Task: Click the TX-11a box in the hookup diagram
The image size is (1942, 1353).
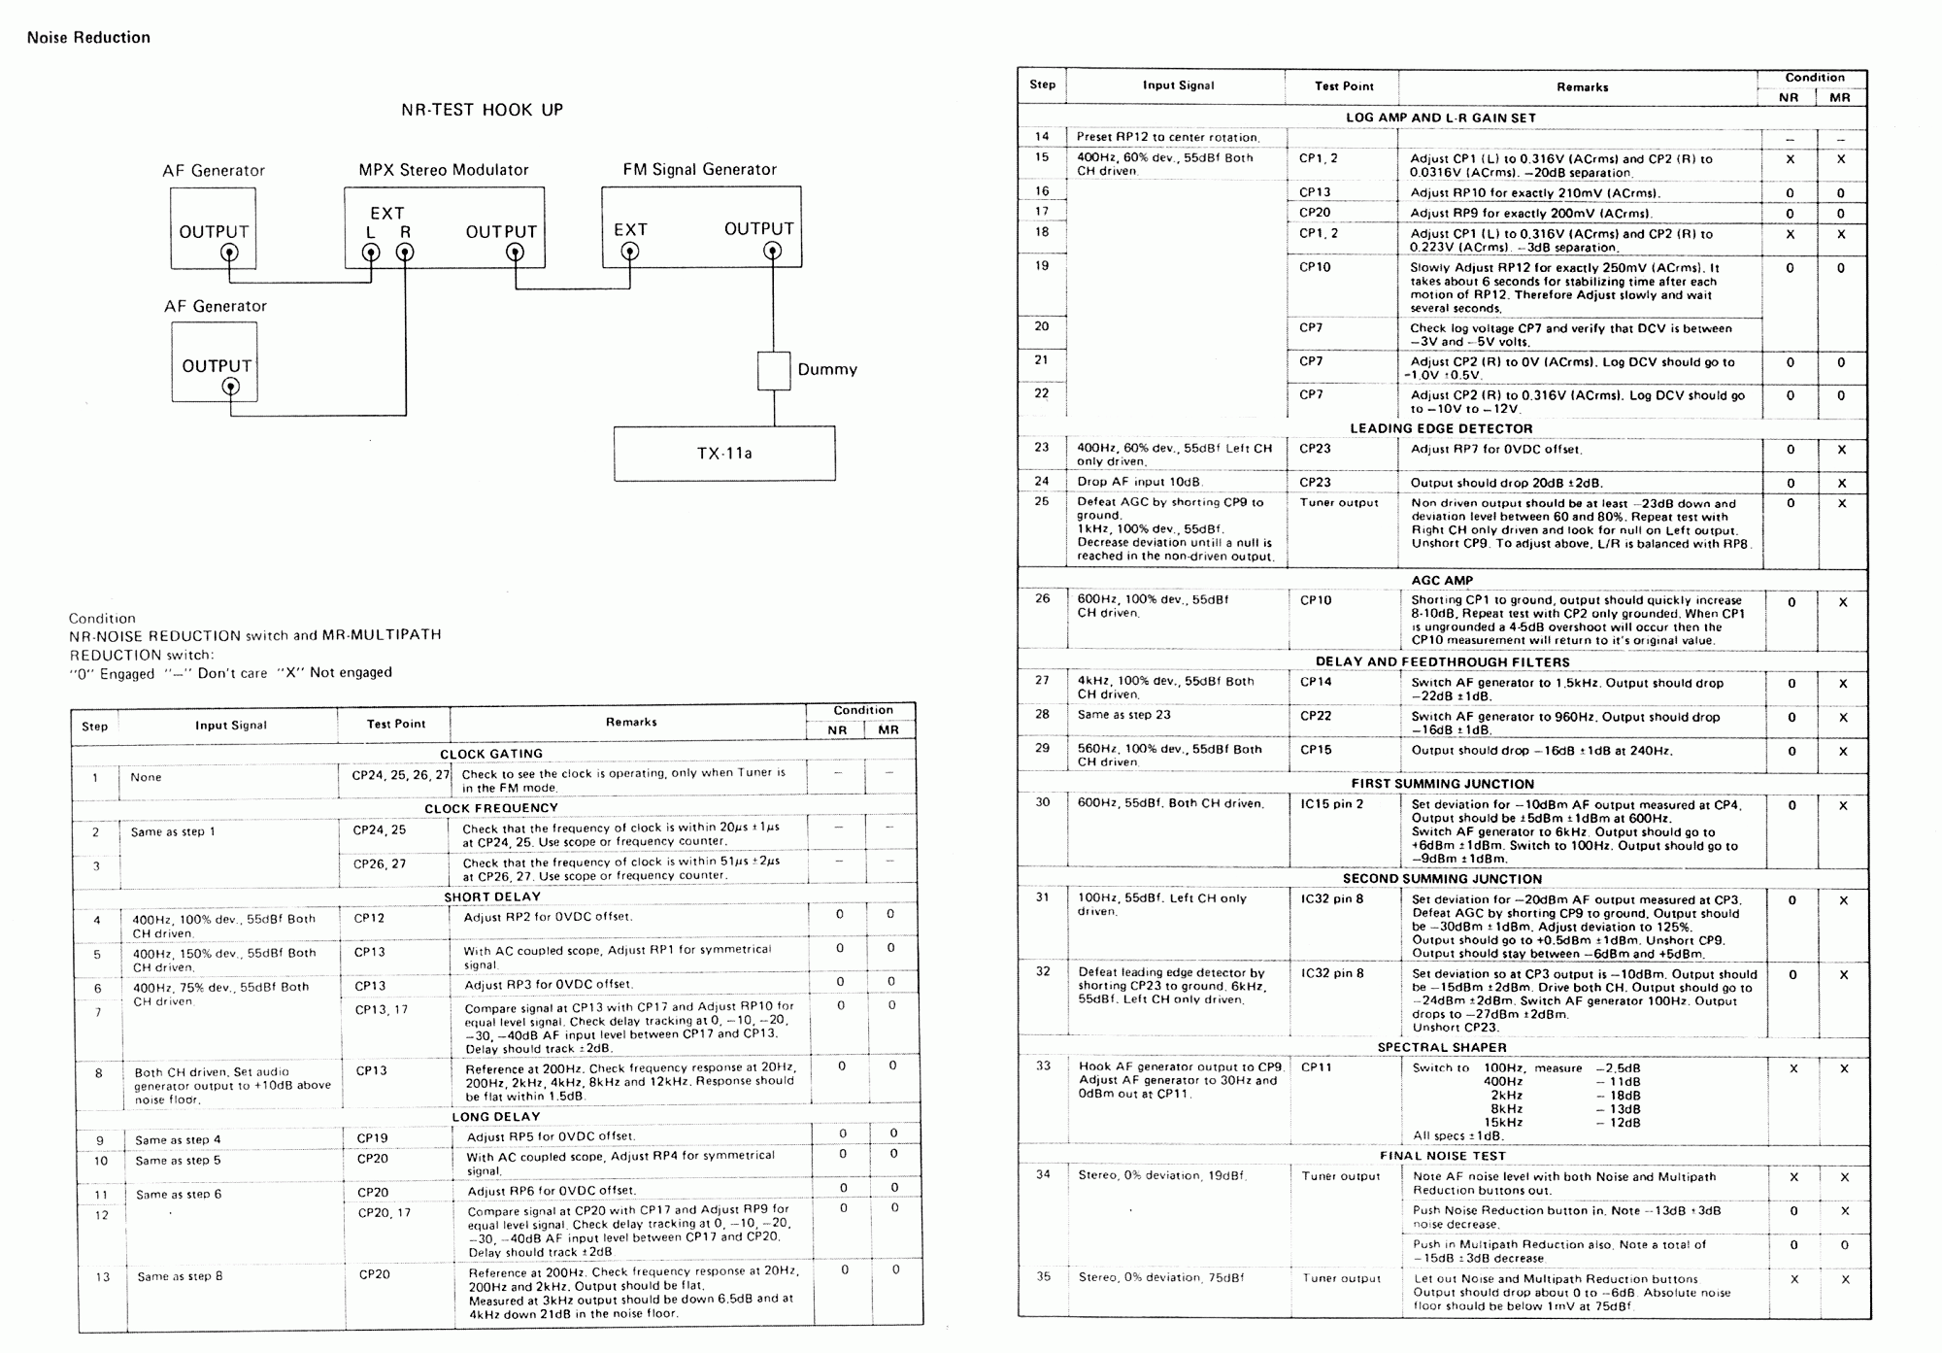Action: pos(724,453)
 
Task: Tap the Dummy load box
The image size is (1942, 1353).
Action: pos(774,370)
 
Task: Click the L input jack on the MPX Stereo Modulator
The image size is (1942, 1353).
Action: pos(370,253)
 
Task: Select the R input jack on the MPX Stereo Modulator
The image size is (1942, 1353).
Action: pos(405,253)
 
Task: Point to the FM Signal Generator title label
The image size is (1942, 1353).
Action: pos(700,170)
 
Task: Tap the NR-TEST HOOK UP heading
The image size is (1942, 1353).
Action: pos(483,110)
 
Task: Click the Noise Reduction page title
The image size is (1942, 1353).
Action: pos(88,38)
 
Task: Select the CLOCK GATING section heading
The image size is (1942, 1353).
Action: pos(491,754)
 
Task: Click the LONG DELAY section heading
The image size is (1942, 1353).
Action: pos(495,1117)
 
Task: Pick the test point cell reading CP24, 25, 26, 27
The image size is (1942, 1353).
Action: pos(401,775)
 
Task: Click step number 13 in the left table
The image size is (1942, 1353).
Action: pos(103,1277)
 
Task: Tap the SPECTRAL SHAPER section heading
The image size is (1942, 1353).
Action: pos(1442,1048)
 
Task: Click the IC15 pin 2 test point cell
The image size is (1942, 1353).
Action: pos(1332,804)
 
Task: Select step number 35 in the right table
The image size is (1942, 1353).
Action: pos(1043,1277)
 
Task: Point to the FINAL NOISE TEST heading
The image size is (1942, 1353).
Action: pos(1442,1156)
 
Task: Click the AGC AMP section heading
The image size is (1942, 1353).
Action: pos(1442,581)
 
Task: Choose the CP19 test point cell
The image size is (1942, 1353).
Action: pos(372,1138)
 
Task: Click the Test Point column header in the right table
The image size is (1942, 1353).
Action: pos(1344,86)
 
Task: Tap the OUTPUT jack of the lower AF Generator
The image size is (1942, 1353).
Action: pos(230,387)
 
